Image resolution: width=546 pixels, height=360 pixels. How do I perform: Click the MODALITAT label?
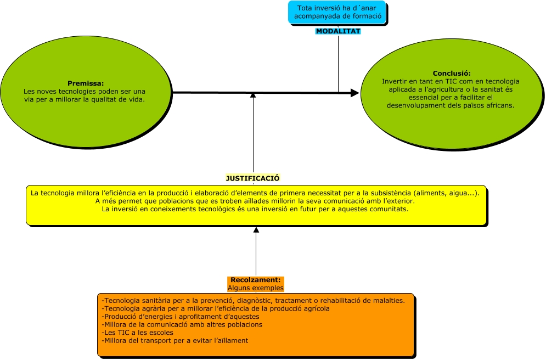pos(338,31)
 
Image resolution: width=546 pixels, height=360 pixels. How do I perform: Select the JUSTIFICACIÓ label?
pos(253,178)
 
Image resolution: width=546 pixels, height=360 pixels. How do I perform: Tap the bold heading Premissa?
pos(85,83)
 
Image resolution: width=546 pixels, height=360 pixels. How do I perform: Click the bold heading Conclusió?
pos(452,74)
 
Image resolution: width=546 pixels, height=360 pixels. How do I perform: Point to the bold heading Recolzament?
pos(256,280)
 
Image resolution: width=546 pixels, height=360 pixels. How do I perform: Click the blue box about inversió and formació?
pos(337,12)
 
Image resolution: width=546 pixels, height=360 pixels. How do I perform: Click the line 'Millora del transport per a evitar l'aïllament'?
pos(175,341)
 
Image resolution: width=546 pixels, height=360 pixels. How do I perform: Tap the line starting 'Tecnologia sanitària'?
pos(254,300)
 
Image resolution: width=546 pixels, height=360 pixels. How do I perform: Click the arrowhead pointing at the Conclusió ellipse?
pos(355,94)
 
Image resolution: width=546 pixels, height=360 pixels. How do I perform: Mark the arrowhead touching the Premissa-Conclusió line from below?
pos(253,95)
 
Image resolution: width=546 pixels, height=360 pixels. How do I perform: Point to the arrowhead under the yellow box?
pos(256,229)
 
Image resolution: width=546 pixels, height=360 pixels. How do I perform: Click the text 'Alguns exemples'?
pos(256,288)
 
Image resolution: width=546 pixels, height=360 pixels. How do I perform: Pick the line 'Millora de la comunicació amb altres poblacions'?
pos(182,324)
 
